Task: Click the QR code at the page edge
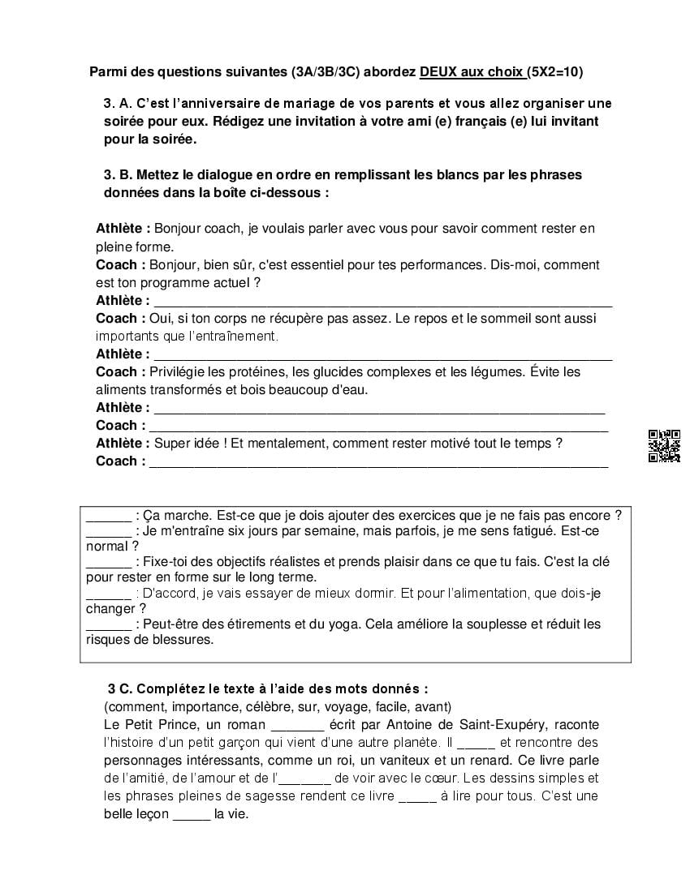[x=664, y=446]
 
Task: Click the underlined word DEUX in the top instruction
[x=438, y=72]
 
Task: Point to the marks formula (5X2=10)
[x=554, y=72]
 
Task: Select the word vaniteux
[x=391, y=761]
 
